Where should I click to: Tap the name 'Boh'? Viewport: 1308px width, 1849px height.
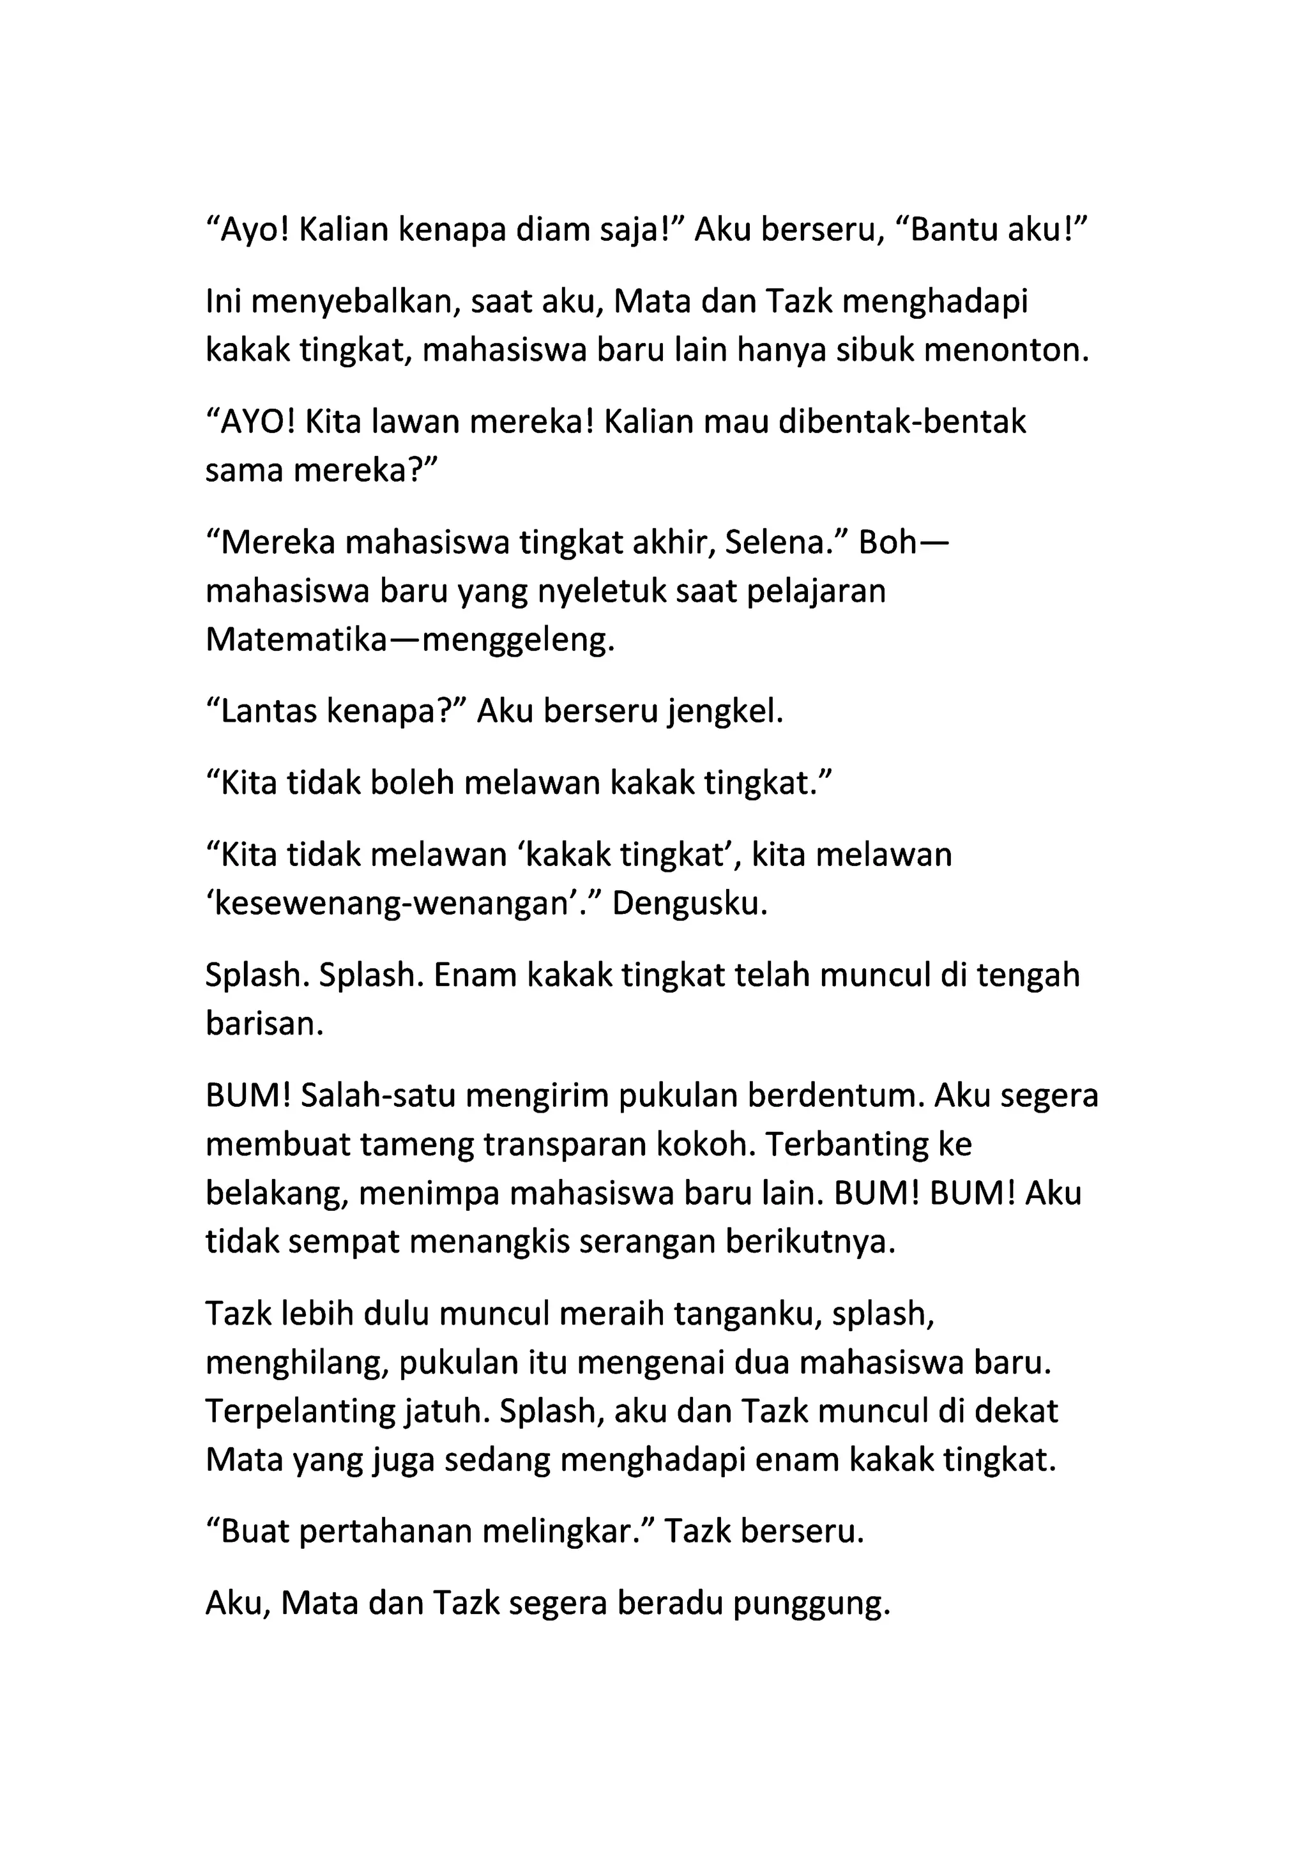(888, 543)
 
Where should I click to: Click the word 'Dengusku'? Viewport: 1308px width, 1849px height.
(689, 904)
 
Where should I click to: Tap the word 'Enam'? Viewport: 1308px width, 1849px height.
(475, 975)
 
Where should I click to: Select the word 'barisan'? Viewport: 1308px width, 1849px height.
(264, 1024)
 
